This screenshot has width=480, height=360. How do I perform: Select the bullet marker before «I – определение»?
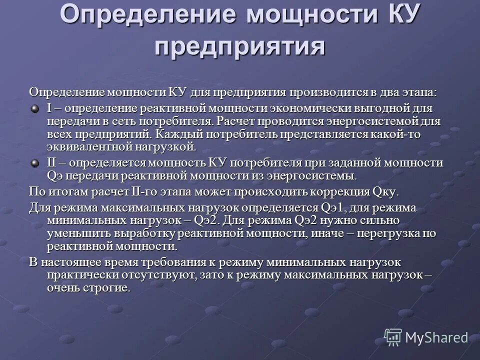35,108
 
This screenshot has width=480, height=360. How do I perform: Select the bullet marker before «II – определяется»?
35,162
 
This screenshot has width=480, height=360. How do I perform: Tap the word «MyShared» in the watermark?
436,337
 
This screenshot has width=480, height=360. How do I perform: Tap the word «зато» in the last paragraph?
210,275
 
